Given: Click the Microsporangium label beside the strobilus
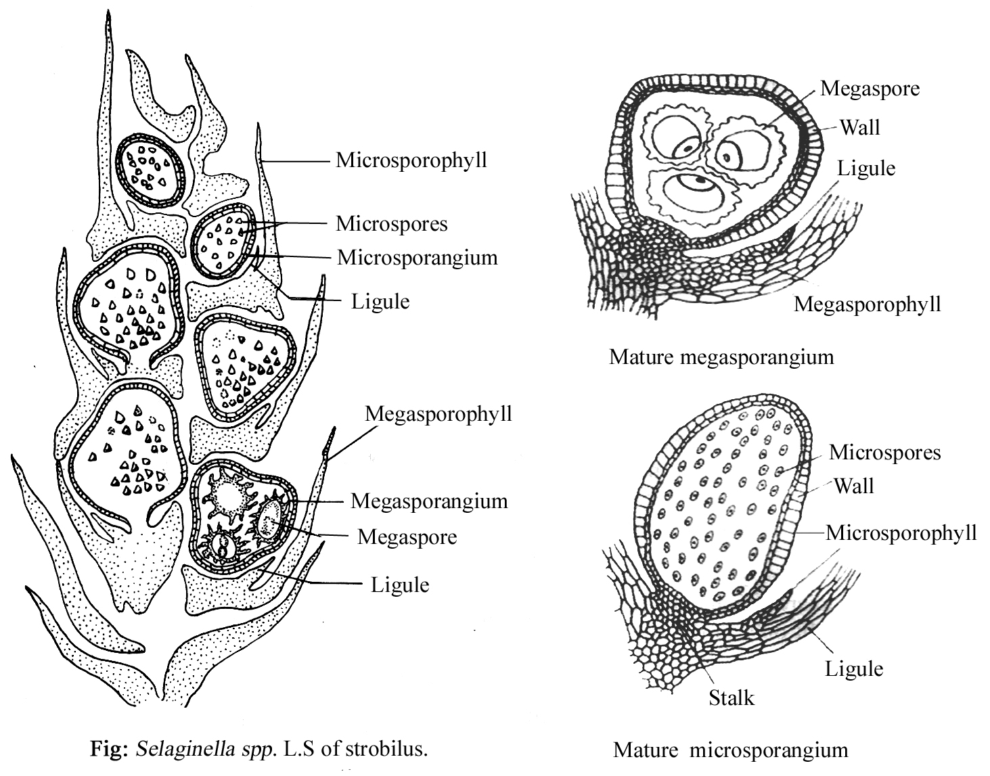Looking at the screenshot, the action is (417, 258).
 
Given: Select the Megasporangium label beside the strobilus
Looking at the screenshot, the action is (429, 501).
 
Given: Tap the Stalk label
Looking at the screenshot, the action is (731, 697).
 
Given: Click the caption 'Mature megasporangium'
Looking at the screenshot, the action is (721, 357).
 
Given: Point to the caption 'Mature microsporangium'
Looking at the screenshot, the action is (730, 750).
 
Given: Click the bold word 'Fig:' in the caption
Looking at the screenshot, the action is (111, 750).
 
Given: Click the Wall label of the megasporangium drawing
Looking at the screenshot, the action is (859, 127).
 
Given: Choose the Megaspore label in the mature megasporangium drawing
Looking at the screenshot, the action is (870, 89).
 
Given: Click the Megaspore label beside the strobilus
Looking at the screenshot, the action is (407, 537).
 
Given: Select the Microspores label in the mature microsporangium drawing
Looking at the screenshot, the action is (884, 452).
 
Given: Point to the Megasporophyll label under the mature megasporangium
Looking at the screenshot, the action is (867, 304).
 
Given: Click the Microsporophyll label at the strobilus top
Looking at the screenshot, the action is (411, 161).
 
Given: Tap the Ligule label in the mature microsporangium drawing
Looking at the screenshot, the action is (853, 669).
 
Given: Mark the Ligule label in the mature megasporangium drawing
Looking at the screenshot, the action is (865, 168).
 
